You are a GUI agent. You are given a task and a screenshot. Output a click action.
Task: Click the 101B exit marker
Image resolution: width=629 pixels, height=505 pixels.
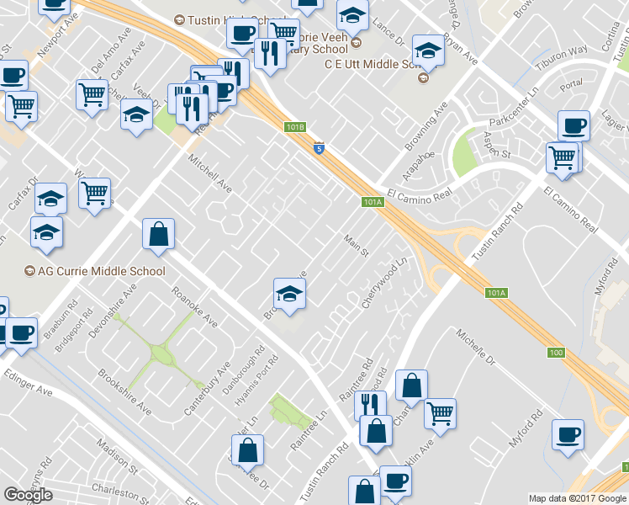pos(293,127)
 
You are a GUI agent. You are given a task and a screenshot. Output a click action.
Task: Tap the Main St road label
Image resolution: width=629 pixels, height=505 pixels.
pos(357,246)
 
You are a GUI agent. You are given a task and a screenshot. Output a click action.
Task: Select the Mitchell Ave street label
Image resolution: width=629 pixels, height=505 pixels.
pos(209,173)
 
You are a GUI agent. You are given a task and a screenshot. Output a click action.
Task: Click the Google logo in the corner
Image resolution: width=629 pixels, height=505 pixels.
pos(28,495)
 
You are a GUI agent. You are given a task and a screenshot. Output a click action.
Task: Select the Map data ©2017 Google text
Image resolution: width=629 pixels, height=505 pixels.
pos(577,498)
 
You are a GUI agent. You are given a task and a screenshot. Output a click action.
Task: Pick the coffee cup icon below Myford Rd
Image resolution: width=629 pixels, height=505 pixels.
pos(568,435)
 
